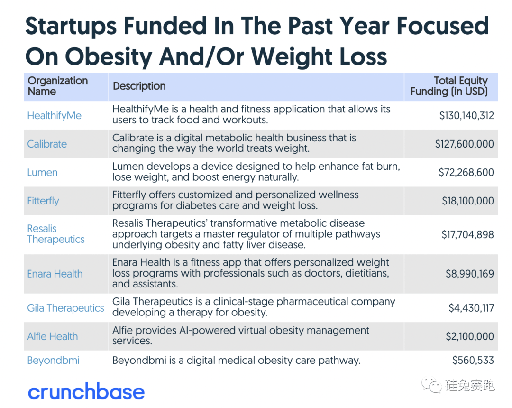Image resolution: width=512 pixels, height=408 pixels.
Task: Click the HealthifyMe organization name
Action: [x=54, y=115]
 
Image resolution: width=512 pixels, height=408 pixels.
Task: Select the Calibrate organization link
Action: [x=47, y=144]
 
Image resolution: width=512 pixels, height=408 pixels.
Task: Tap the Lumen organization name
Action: [x=42, y=172]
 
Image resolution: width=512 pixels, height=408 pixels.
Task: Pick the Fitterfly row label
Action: [x=43, y=201]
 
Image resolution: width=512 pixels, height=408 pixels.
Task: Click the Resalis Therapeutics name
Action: [x=55, y=234]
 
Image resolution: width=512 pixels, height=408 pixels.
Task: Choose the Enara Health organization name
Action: [x=55, y=274]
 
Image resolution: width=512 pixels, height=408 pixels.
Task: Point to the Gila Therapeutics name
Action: [x=65, y=308]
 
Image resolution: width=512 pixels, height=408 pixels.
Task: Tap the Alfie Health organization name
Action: [x=52, y=336]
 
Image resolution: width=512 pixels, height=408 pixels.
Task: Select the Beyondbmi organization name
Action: [x=53, y=360]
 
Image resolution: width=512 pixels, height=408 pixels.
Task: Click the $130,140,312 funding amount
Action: [x=466, y=115]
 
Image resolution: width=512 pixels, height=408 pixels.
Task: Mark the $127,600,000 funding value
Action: [x=464, y=144]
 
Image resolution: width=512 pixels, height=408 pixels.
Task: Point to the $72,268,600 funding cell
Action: [x=466, y=172]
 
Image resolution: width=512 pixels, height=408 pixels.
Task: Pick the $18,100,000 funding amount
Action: [x=468, y=201]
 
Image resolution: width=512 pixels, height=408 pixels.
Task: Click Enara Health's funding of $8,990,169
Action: [x=469, y=274]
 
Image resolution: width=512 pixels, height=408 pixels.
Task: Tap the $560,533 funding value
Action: [x=473, y=360]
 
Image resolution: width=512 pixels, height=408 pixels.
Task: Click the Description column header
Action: [x=139, y=86]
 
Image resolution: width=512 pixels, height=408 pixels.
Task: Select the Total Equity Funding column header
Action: [x=449, y=86]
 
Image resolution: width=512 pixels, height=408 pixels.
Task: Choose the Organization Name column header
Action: [x=57, y=86]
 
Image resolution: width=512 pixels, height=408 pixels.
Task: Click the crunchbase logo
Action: [x=86, y=392]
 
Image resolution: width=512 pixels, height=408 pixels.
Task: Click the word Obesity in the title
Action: [x=110, y=57]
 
